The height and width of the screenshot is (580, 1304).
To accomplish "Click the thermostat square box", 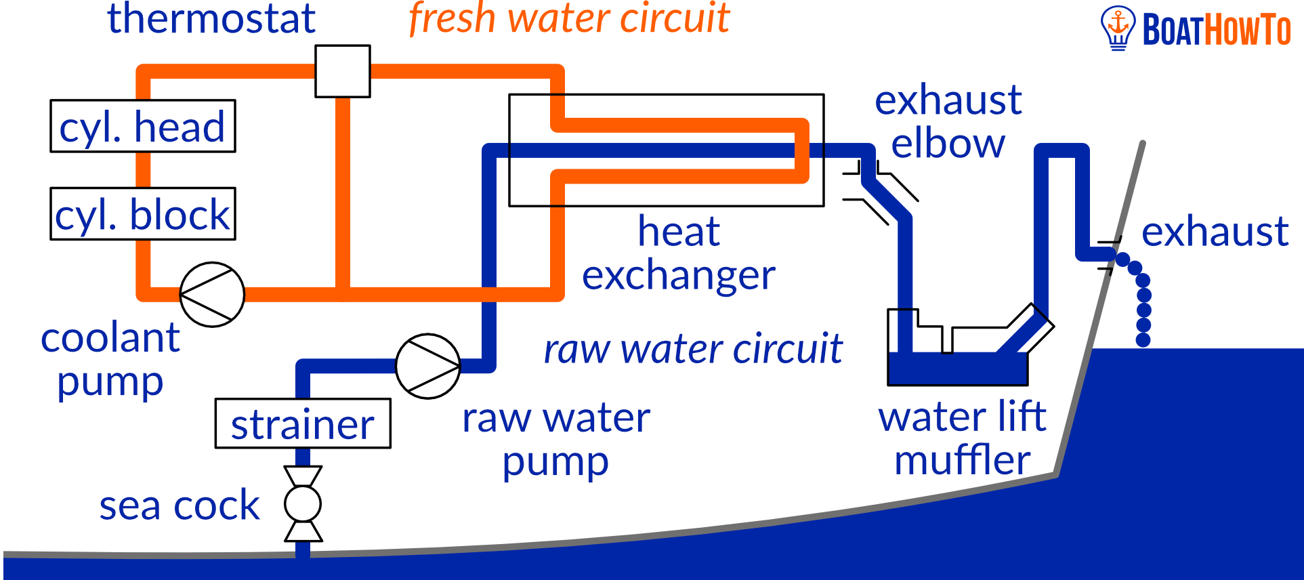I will point(343,71).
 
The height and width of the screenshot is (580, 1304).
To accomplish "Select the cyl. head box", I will point(143,127).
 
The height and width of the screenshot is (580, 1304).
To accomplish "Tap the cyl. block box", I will point(143,214).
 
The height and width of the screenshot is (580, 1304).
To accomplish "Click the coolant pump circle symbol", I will point(212,295).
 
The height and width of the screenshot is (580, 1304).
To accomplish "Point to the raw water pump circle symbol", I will point(428,366).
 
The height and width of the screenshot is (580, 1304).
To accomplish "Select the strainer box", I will point(303,423).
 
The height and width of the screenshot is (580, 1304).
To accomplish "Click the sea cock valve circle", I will point(303,503).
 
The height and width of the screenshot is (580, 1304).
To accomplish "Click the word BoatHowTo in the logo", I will point(1217,30).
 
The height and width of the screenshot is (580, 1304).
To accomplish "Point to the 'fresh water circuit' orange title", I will point(569,18).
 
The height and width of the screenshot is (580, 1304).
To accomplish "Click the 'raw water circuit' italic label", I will point(692,350).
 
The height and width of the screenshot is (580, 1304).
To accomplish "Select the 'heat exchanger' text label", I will point(679,253).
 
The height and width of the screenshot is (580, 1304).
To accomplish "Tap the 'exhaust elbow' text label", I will point(948,122).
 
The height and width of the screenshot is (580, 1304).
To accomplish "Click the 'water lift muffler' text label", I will point(962,438).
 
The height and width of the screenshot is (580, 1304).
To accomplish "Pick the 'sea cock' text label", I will point(180,505).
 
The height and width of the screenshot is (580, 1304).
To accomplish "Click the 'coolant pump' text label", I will point(110,359).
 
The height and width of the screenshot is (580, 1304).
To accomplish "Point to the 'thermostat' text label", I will point(211,18).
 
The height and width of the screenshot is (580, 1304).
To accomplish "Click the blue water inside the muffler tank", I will point(957,369).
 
